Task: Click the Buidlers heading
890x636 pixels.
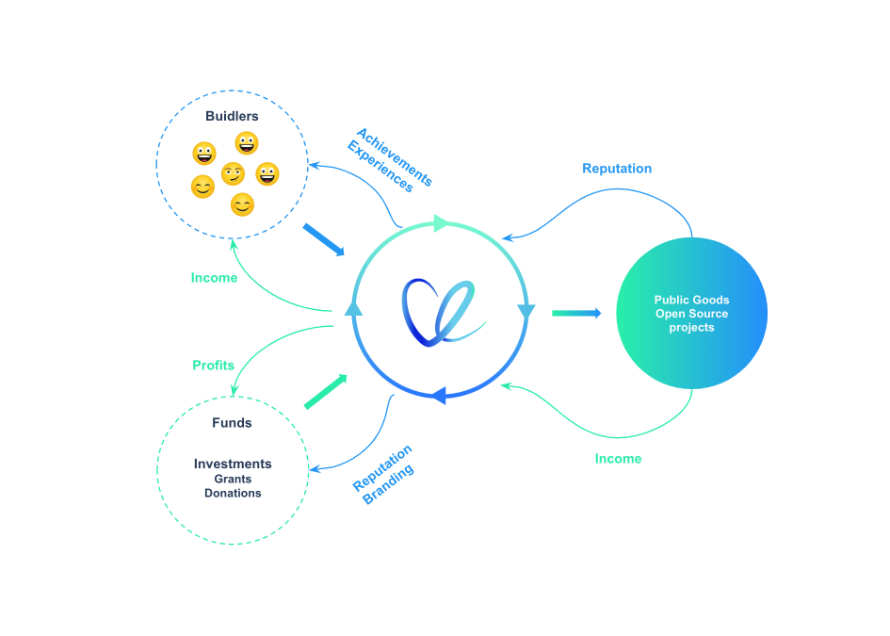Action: (x=232, y=117)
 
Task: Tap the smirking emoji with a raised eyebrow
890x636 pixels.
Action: (x=233, y=174)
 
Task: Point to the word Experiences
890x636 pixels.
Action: (x=380, y=167)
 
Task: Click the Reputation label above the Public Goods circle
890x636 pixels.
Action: (x=617, y=169)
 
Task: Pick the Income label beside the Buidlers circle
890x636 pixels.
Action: (x=214, y=278)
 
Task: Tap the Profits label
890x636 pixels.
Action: (x=213, y=366)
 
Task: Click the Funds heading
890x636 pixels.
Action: (x=232, y=423)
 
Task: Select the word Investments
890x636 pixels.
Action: (x=233, y=464)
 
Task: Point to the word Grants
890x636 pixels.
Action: (x=232, y=480)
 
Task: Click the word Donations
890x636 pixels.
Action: (x=233, y=494)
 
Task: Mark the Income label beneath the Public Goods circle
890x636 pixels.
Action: (x=618, y=459)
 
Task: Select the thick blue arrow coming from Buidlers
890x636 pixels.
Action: (x=323, y=239)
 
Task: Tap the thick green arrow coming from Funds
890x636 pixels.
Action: (x=325, y=391)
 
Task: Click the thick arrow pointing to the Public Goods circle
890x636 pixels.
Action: (x=576, y=313)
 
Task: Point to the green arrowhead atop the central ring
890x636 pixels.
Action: (x=441, y=223)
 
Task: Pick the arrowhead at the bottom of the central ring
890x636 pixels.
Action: (x=438, y=397)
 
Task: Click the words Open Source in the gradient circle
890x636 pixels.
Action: (x=691, y=314)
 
